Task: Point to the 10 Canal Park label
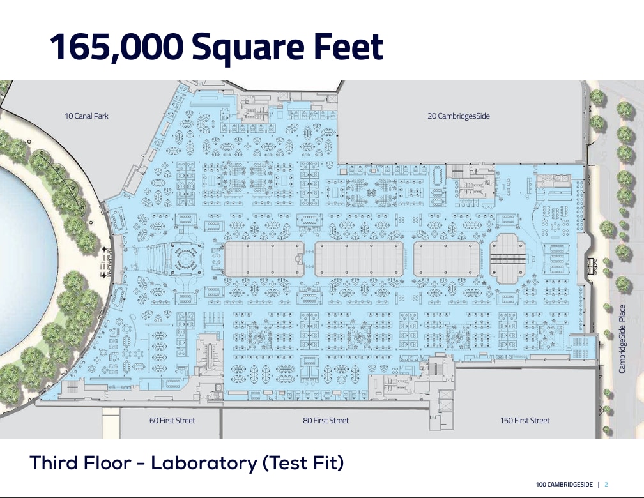tap(86, 116)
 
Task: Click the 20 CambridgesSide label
tap(459, 116)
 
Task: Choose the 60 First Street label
tap(172, 420)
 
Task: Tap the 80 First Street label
tap(326, 420)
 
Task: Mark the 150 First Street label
tap(525, 420)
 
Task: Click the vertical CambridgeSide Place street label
tap(622, 339)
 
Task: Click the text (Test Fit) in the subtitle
tap(303, 463)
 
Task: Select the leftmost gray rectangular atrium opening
tap(264, 259)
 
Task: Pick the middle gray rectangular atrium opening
tap(360, 259)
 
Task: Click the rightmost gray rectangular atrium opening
tap(447, 259)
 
